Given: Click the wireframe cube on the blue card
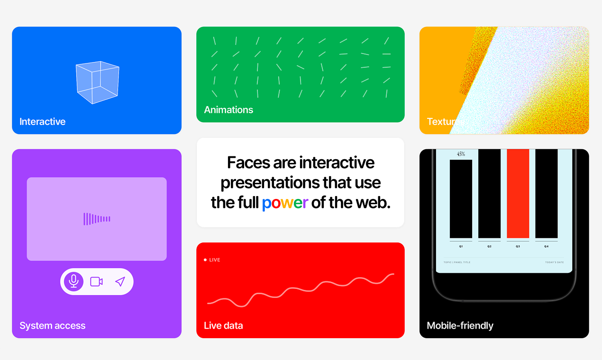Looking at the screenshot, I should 97,82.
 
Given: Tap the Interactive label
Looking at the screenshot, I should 42,122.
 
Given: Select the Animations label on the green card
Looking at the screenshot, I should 228,110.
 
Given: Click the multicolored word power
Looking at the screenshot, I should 285,203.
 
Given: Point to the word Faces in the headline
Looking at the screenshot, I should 248,163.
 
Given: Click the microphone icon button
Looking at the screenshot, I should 73,281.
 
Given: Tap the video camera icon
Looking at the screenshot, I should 97,281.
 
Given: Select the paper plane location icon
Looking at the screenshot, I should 120,281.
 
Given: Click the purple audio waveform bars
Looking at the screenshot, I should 97,219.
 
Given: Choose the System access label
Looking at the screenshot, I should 52,326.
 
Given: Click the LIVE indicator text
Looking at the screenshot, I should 214,260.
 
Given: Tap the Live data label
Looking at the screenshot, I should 223,326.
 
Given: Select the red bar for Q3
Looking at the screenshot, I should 518,194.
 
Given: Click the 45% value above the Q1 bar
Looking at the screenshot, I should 461,154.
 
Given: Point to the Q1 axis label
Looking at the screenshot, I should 461,246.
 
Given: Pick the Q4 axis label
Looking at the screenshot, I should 546,246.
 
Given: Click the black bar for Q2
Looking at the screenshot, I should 489,194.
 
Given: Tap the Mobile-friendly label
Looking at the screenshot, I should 460,326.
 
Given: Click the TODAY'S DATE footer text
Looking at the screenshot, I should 555,262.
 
